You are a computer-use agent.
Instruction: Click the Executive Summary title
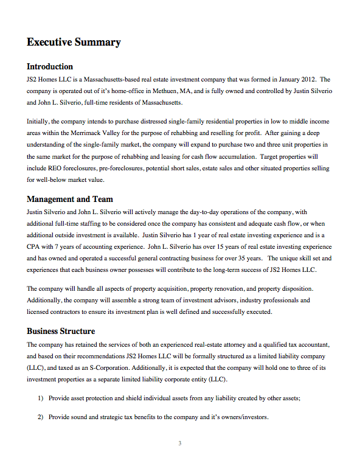pos(74,43)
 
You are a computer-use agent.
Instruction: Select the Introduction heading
pos(50,66)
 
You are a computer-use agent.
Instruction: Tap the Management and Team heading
pos(69,199)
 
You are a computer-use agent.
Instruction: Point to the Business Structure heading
pos(61,332)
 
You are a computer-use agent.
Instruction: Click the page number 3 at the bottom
pos(180,443)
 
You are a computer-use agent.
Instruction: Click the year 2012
pos(309,80)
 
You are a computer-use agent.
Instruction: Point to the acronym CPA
pos(35,246)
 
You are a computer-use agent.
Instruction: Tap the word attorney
pos(232,344)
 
